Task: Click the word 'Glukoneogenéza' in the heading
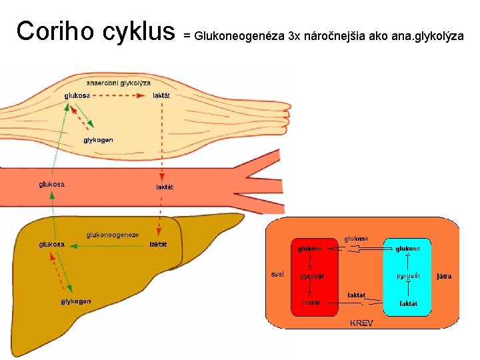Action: click(238, 35)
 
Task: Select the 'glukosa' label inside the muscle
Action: click(77, 95)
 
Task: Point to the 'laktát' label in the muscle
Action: click(161, 95)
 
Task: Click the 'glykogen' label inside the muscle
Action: click(98, 140)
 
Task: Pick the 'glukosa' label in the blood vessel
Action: click(51, 184)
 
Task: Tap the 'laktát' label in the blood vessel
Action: click(165, 187)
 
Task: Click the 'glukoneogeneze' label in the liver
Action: click(113, 235)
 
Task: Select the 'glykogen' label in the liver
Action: click(76, 301)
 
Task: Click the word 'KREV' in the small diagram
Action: click(362, 323)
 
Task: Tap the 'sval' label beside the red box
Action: click(277, 274)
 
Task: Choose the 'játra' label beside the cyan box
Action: click(444, 275)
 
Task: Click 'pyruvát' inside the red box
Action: click(311, 275)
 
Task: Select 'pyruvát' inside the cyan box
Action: click(408, 275)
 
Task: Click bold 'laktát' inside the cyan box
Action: click(408, 303)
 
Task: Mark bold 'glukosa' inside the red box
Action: click(311, 249)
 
